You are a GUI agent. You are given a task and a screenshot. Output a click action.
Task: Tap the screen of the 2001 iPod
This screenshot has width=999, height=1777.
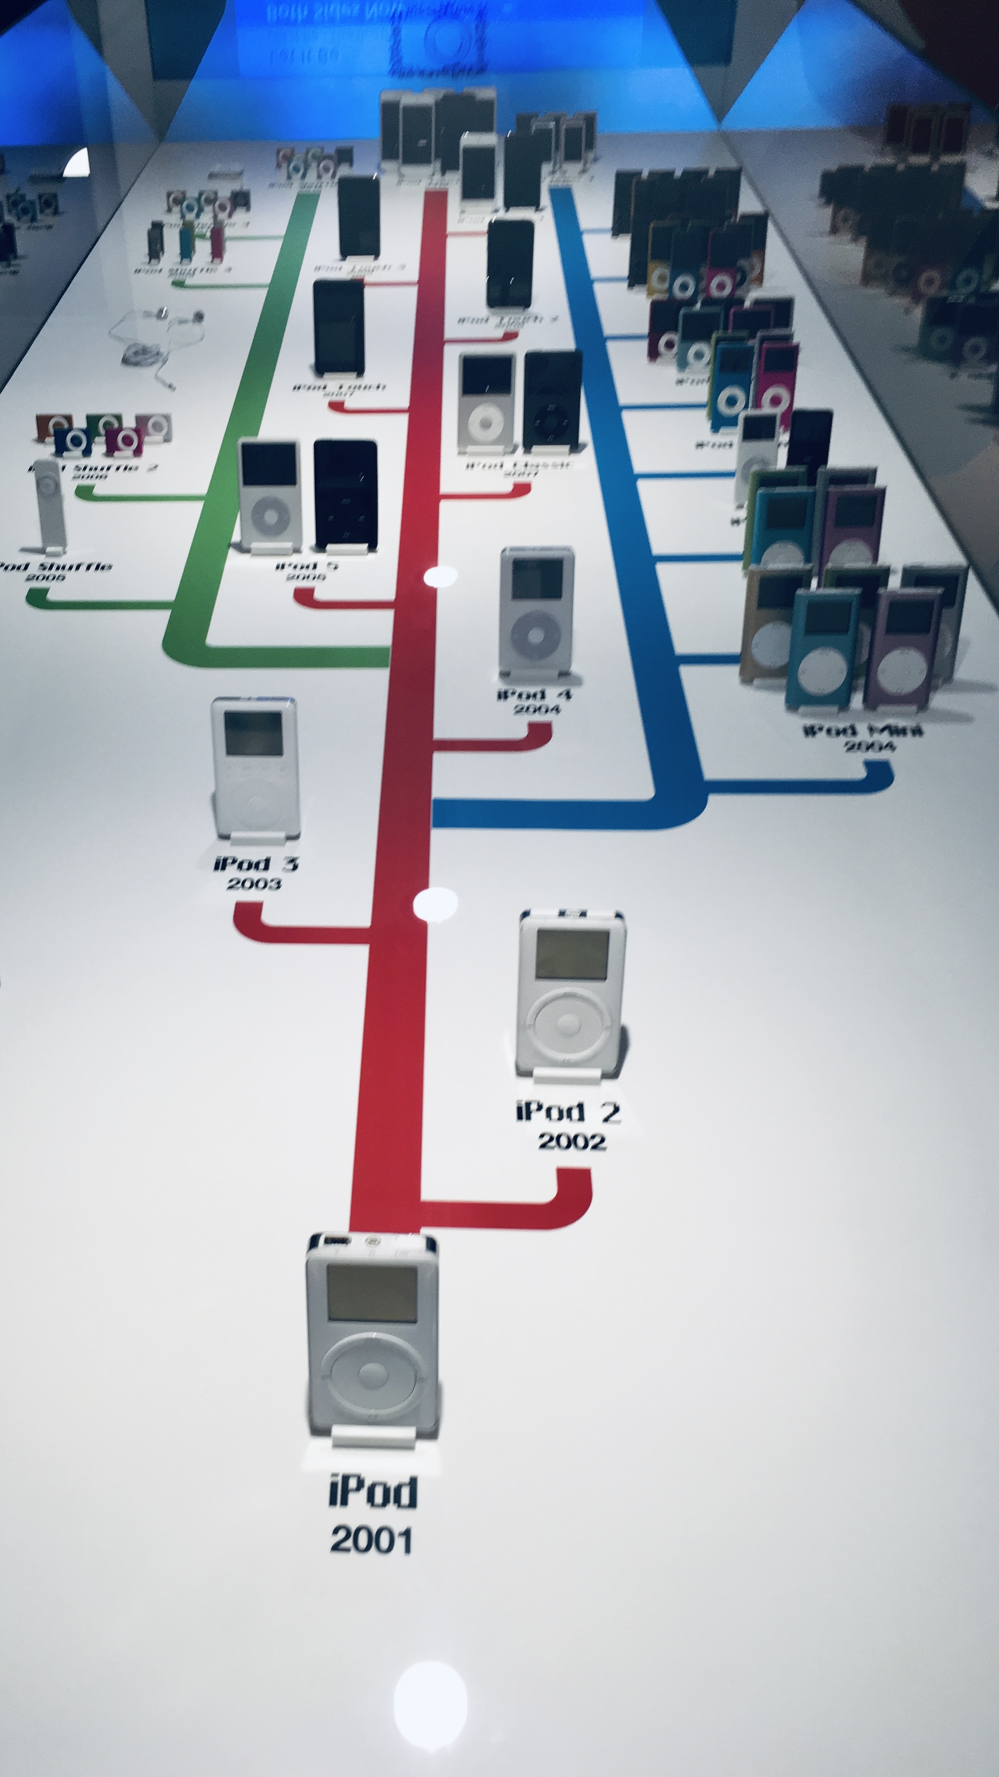372,1293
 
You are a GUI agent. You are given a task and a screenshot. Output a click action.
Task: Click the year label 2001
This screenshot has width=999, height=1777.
372,1540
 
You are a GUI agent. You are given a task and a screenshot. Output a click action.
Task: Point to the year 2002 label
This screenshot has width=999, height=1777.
572,1141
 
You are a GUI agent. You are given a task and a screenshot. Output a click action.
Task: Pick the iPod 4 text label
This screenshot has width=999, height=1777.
534,694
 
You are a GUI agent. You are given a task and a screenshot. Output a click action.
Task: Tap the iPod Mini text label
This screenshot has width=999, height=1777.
863,730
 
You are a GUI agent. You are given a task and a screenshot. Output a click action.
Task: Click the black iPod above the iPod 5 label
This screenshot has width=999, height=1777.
345,494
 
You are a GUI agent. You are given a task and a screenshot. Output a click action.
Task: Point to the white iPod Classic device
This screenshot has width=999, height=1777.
487,403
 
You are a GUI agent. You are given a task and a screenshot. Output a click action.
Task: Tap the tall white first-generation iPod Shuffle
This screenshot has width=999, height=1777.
50,505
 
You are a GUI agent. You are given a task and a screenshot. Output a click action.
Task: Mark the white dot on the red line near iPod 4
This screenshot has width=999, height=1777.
439,576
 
